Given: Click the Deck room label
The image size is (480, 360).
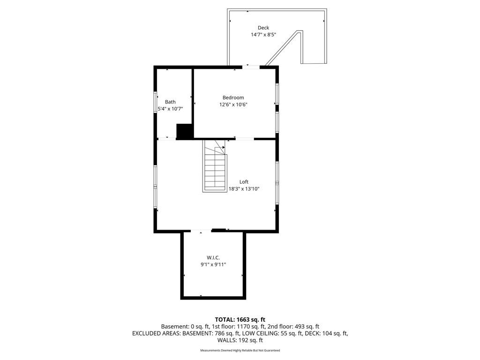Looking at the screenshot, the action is point(263,28).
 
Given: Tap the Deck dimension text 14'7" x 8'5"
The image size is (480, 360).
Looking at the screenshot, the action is point(263,35).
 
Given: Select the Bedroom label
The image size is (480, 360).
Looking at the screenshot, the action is point(233,97).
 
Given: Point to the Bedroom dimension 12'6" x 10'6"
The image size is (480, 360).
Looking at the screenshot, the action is point(233,105).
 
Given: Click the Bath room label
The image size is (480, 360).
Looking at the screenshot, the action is point(170,102).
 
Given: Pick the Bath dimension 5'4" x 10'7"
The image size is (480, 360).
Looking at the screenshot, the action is point(170,109).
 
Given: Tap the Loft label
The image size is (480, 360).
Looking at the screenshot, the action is point(244,182).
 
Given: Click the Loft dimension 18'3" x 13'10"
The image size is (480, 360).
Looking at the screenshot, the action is point(244,189).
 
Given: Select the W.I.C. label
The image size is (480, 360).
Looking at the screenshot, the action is point(213,258).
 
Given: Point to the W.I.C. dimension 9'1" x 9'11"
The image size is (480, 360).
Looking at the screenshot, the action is point(213,265).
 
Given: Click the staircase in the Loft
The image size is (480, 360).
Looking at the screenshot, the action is point(215,166).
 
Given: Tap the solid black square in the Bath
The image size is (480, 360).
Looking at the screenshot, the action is point(185,131).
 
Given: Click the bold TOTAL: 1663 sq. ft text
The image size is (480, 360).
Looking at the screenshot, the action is point(240,320).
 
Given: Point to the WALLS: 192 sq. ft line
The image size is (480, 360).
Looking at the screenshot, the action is point(240,340).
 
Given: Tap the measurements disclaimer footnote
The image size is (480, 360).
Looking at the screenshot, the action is point(240,351).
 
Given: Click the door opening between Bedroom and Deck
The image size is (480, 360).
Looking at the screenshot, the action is point(251,67).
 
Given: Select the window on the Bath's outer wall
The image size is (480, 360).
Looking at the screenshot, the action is point(155,103).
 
